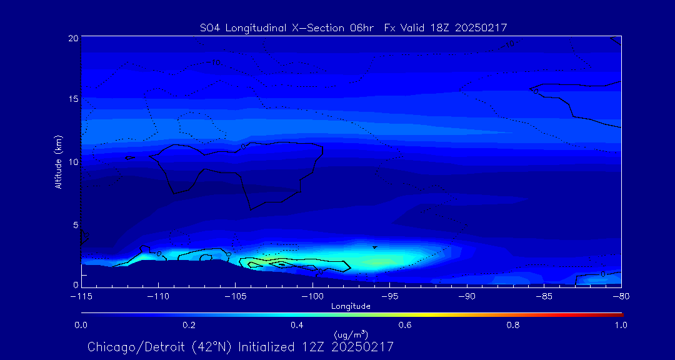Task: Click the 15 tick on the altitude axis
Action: click(74, 99)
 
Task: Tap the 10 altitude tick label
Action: click(74, 161)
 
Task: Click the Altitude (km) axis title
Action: click(58, 161)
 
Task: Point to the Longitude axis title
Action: click(351, 306)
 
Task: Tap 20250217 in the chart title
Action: click(483, 27)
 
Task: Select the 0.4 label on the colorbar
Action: click(297, 325)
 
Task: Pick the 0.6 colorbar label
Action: click(405, 325)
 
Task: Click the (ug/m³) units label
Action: click(351, 336)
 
